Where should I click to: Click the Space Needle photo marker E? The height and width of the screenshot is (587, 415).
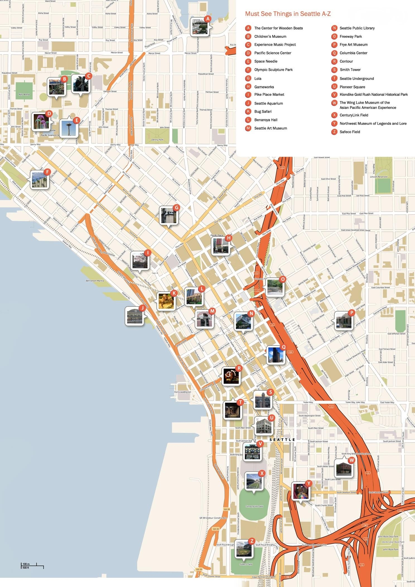(x=68, y=128)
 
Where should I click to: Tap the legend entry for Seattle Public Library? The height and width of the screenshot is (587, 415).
(x=357, y=28)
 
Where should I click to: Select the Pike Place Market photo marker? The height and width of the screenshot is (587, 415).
(x=140, y=261)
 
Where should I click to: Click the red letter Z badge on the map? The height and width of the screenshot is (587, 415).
(x=252, y=541)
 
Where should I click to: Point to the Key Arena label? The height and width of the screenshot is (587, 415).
(x=24, y=95)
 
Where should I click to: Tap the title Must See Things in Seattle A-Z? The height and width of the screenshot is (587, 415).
(x=288, y=14)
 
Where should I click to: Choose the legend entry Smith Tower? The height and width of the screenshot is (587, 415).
(x=350, y=70)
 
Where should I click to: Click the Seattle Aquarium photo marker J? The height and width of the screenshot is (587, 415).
(x=135, y=316)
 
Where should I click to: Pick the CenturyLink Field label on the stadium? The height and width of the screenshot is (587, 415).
(x=254, y=506)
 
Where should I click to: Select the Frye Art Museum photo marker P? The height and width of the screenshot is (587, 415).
(x=343, y=321)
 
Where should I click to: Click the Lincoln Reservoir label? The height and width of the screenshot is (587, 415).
(x=379, y=177)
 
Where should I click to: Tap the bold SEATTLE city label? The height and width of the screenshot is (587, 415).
(x=282, y=439)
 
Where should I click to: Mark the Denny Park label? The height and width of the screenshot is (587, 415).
(x=157, y=140)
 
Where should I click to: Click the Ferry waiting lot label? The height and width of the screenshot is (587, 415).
(x=183, y=392)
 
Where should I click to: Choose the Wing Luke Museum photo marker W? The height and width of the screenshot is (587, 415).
(x=344, y=468)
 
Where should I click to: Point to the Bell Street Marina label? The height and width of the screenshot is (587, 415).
(x=95, y=281)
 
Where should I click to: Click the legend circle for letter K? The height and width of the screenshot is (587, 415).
(x=248, y=112)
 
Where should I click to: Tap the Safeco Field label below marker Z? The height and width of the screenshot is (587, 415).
(x=246, y=564)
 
